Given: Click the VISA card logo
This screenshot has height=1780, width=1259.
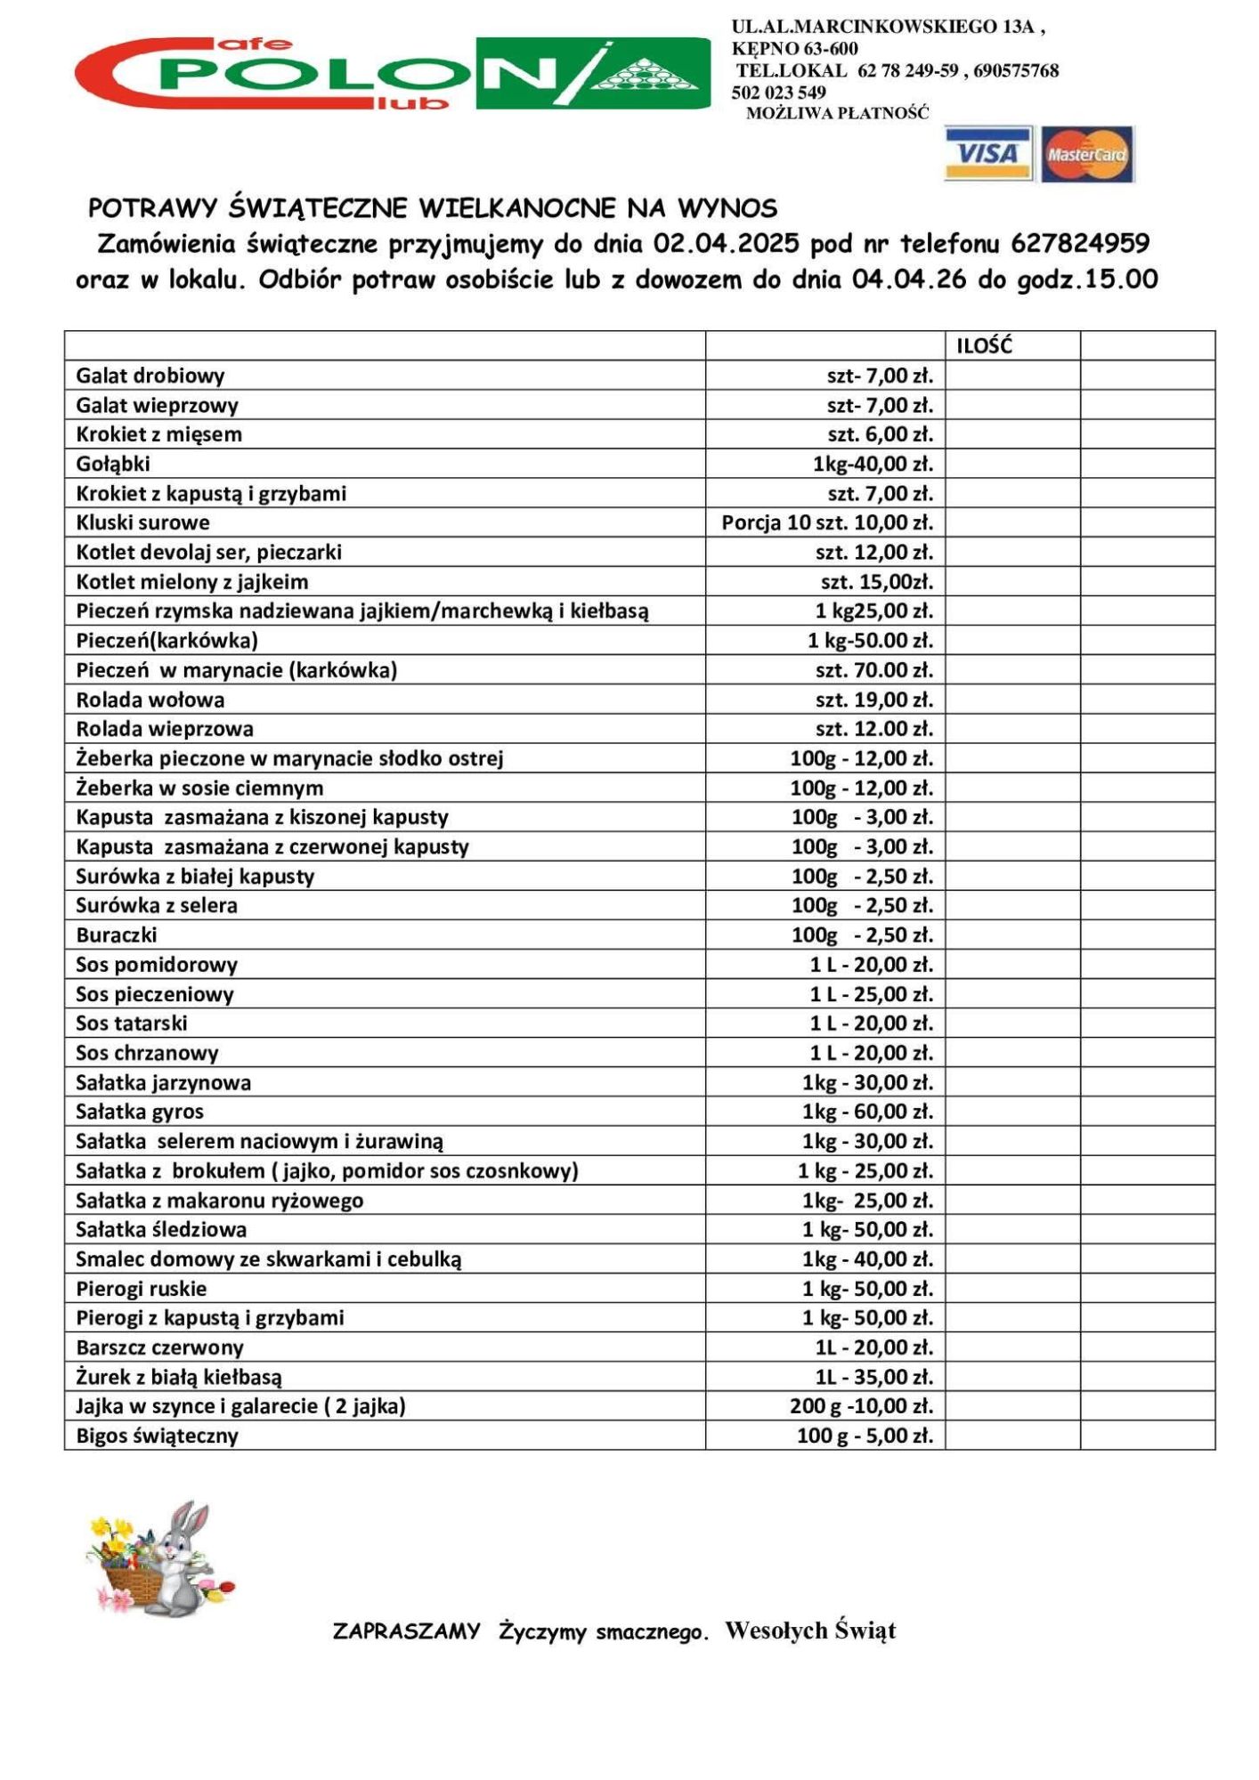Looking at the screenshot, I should point(987,153).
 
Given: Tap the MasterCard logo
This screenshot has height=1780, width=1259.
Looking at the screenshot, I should point(1087,154).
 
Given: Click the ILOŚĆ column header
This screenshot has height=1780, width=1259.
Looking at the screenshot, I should point(984,346).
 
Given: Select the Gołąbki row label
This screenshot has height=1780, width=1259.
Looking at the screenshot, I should point(113,464).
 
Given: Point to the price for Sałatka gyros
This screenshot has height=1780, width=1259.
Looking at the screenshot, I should point(867,1112).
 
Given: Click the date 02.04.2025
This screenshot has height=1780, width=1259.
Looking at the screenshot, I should point(726,243).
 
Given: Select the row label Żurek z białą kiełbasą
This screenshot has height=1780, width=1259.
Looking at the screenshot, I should point(179,1377).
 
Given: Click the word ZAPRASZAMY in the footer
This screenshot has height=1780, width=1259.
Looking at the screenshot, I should point(406,1631).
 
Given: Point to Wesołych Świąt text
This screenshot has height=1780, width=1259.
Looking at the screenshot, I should point(809,1630).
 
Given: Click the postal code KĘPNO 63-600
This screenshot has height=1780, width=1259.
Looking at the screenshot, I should point(794,49).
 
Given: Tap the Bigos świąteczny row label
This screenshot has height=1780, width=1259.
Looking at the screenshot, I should point(158,1436).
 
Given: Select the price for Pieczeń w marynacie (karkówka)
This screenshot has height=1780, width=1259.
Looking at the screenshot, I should point(873,670).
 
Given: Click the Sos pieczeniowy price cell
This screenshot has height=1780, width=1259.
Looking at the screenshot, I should point(871,994).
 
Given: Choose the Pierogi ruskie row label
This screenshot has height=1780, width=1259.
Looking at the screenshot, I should point(142,1289).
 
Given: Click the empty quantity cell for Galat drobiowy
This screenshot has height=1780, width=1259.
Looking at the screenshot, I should point(1012,376).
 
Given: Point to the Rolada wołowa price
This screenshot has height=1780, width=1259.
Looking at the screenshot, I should point(873,700).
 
